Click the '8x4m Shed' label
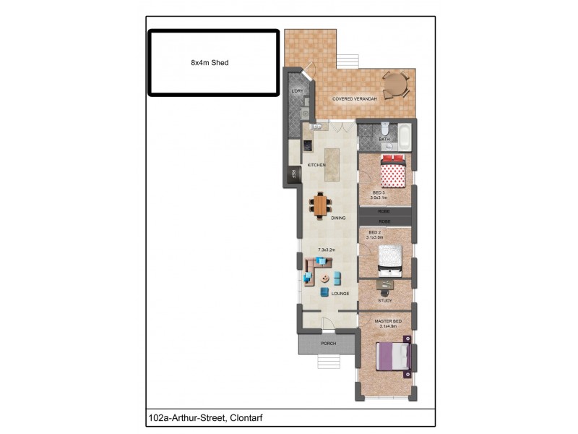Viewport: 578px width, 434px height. pos(210,63)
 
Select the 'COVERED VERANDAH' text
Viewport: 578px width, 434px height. pos(354,98)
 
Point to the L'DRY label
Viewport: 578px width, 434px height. pos(296,91)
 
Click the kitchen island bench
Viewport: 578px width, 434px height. pos(332,166)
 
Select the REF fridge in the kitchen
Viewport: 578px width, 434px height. pos(294,174)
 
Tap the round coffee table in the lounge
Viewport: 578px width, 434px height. pos(326,278)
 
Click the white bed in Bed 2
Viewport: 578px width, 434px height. pos(389,259)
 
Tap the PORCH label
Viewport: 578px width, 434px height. pos(329,344)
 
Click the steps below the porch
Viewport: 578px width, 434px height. pos(329,361)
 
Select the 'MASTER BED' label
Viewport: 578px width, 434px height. pos(387,320)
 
